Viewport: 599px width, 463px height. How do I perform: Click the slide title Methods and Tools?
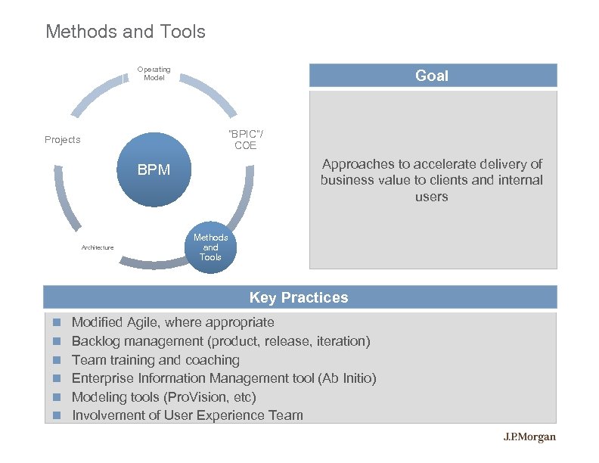pyautogui.click(x=125, y=32)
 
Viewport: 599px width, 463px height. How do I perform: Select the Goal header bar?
pyautogui.click(x=432, y=76)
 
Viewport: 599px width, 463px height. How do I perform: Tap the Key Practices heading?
pyautogui.click(x=299, y=297)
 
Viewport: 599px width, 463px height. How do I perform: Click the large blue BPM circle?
pyautogui.click(x=154, y=170)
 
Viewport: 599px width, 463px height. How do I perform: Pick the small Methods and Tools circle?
pyautogui.click(x=210, y=247)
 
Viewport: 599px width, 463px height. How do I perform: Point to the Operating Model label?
pyautogui.click(x=154, y=73)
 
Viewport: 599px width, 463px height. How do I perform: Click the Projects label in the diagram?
pyautogui.click(x=62, y=140)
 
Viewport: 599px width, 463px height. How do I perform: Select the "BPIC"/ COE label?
pyautogui.click(x=246, y=140)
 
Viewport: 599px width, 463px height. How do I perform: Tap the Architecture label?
pyautogui.click(x=98, y=247)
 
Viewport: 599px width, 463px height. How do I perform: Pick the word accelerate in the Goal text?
pyautogui.click(x=431, y=164)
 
